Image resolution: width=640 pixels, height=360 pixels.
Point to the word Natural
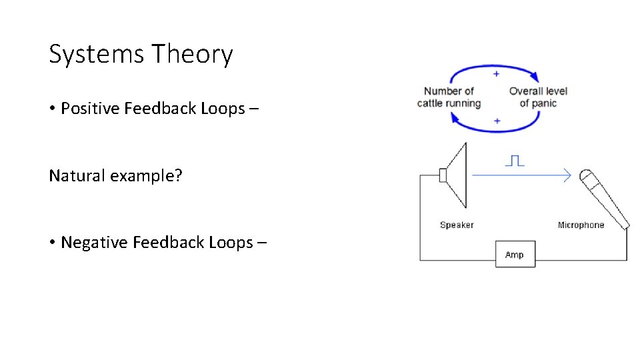coord(72,176)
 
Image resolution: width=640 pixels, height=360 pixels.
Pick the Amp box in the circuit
coord(515,255)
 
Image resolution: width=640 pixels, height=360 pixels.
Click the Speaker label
coord(457,225)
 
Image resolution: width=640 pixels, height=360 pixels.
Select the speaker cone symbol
coord(455,175)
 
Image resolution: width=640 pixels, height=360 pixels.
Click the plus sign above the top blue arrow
coord(496,73)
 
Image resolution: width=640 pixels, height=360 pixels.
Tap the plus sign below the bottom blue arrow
coord(496,121)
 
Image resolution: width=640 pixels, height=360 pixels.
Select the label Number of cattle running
coord(449,97)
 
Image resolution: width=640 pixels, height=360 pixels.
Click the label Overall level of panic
coord(538,97)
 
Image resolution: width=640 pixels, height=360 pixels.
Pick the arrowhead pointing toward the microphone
coord(567,175)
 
